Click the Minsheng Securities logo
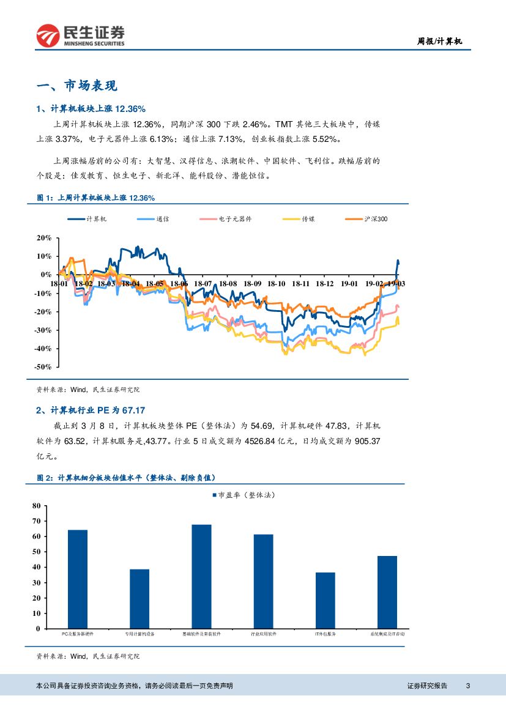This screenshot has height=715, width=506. pyautogui.click(x=80, y=35)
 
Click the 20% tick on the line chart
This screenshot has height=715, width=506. pyautogui.click(x=44, y=237)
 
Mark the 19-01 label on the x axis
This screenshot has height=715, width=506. pyautogui.click(x=349, y=284)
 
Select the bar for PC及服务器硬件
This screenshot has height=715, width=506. pyautogui.click(x=77, y=579)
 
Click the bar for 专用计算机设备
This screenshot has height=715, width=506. pyautogui.click(x=139, y=599)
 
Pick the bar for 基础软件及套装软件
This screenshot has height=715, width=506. pyautogui.click(x=201, y=576)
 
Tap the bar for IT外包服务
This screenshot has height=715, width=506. pyautogui.click(x=325, y=600)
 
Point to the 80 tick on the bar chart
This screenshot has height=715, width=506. pyautogui.click(x=35, y=506)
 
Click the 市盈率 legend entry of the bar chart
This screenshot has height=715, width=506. pyautogui.click(x=244, y=495)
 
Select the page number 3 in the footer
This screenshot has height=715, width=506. pyautogui.click(x=468, y=686)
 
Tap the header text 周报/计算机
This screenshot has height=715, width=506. pyautogui.click(x=439, y=42)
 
